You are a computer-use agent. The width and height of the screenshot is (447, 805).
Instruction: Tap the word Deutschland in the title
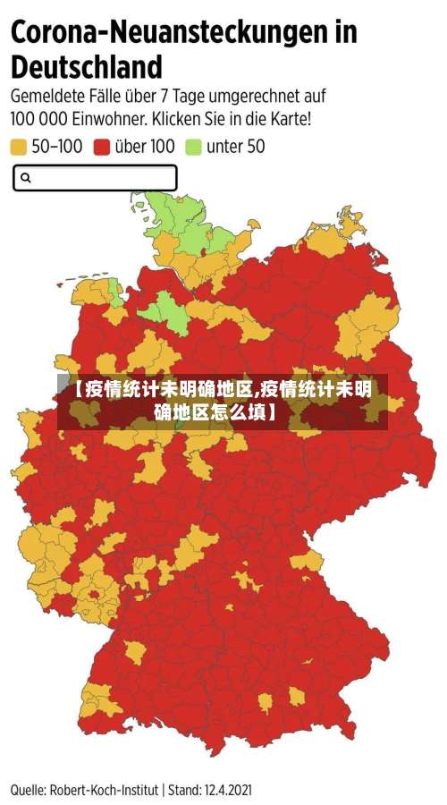87,67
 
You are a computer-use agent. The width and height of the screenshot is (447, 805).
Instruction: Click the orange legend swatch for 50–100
19,147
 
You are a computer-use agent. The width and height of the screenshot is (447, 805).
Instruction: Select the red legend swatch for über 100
102,147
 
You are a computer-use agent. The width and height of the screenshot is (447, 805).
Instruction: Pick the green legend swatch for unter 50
192,147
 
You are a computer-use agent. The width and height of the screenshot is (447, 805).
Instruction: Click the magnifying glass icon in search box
26,178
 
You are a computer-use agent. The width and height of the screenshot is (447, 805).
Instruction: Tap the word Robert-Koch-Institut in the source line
105,790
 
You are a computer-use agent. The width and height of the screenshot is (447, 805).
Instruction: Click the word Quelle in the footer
29,790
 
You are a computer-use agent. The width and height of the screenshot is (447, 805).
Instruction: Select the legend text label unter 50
235,147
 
